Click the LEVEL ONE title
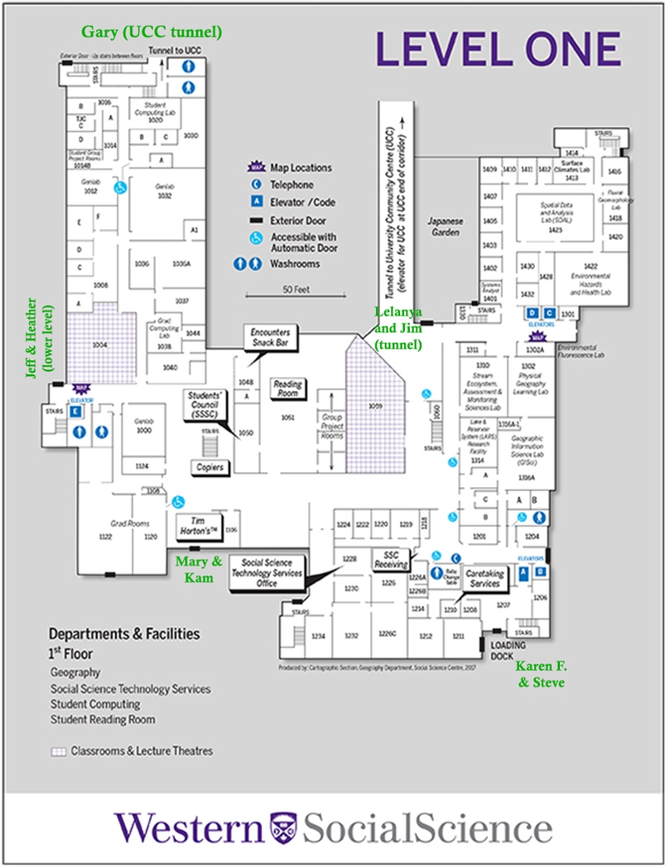coord(498,50)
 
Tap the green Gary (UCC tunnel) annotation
coord(151,32)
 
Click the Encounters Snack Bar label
coord(272,337)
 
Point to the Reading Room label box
coord(288,389)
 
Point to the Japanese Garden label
coord(444,226)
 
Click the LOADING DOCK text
coord(508,650)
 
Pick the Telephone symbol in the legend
coord(256,185)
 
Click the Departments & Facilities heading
coord(124,634)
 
